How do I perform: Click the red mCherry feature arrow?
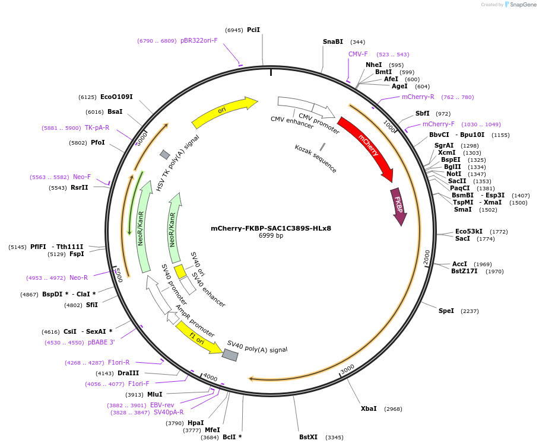click(367, 148)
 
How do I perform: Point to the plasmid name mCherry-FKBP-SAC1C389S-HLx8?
click(271, 228)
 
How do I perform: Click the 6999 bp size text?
click(271, 236)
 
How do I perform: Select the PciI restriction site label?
click(253, 30)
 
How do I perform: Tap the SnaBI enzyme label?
click(332, 41)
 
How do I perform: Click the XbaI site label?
click(369, 408)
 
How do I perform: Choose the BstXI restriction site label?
click(308, 437)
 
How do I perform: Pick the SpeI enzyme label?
click(446, 311)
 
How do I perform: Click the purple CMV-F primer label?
click(358, 54)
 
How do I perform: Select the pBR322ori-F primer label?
click(199, 40)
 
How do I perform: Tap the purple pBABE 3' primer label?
click(101, 342)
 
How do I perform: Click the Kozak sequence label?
click(316, 158)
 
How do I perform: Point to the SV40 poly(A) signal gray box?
click(230, 355)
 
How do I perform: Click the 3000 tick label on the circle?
click(347, 369)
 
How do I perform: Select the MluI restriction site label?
click(154, 394)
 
